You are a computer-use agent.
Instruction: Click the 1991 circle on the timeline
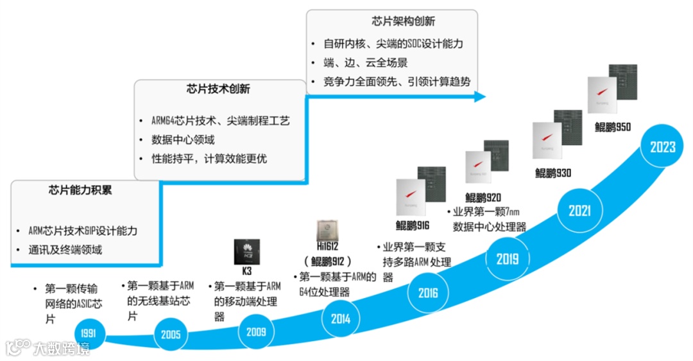(x=89, y=333)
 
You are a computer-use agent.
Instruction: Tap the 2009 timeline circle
(x=255, y=332)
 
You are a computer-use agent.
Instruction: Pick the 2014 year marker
(x=341, y=319)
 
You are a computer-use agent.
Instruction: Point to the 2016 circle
(x=428, y=293)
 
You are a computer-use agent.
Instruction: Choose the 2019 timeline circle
(x=508, y=258)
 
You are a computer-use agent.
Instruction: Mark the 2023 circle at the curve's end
(x=662, y=147)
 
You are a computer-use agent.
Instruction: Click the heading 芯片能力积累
(x=81, y=190)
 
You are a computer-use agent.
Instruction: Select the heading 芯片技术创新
(x=218, y=89)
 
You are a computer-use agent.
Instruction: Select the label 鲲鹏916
(x=413, y=225)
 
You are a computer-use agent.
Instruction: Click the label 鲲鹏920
(x=483, y=197)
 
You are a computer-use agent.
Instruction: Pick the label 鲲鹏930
(x=552, y=172)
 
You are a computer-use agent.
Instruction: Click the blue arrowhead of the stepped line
(x=478, y=97)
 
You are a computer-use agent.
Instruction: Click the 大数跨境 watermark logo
(x=48, y=348)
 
